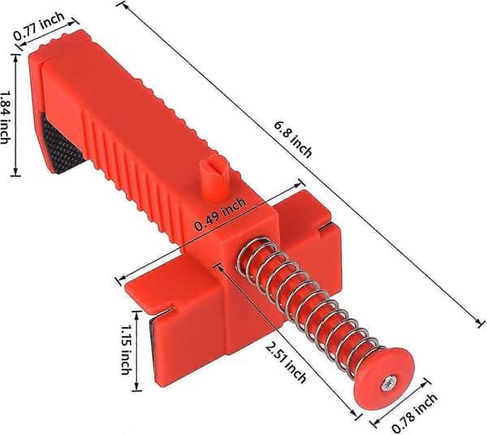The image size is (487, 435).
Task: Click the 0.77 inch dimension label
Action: (x=39, y=26)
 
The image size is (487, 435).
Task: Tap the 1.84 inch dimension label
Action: (x=5, y=118)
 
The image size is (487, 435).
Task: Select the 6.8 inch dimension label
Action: (x=292, y=139)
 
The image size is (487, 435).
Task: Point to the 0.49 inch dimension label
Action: (x=220, y=214)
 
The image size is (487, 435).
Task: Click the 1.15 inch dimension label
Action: (x=126, y=350)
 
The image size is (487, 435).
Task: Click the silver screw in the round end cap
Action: (x=388, y=384)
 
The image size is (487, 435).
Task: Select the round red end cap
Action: (x=386, y=378)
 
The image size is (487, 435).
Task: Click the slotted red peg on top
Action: (x=214, y=178)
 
